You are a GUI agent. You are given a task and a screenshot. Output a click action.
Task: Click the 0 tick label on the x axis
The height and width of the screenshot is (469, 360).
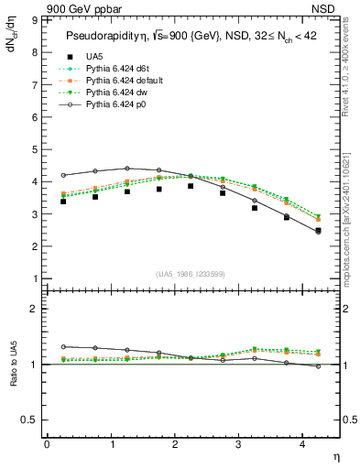pyautogui.click(x=47, y=444)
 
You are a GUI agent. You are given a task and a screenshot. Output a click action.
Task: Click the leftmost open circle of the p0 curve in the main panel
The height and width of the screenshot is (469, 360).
pyautogui.click(x=63, y=175)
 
